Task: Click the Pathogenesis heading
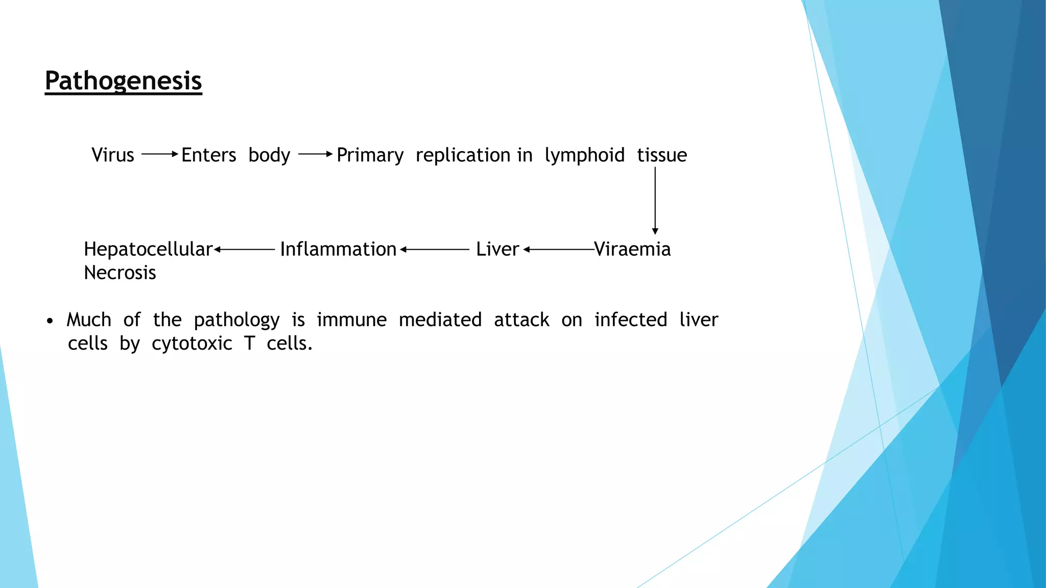[x=123, y=81]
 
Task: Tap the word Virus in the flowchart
[x=112, y=155]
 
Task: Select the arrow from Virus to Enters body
[x=159, y=154]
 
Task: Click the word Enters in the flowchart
[x=208, y=155]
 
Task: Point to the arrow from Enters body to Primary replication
[x=315, y=154]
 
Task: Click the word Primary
[x=370, y=155]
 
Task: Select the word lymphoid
[x=584, y=155]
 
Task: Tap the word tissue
[x=661, y=155]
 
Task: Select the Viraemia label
[x=632, y=249]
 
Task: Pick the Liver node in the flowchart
[x=497, y=249]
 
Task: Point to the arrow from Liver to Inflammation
[x=434, y=250]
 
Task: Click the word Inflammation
[x=338, y=249]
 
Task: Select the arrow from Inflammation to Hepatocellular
[x=244, y=250]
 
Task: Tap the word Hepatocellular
[x=148, y=249]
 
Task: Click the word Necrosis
[x=120, y=273]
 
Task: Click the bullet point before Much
[x=50, y=321]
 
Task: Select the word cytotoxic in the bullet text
[x=192, y=344]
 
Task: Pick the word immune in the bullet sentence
[x=351, y=320]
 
